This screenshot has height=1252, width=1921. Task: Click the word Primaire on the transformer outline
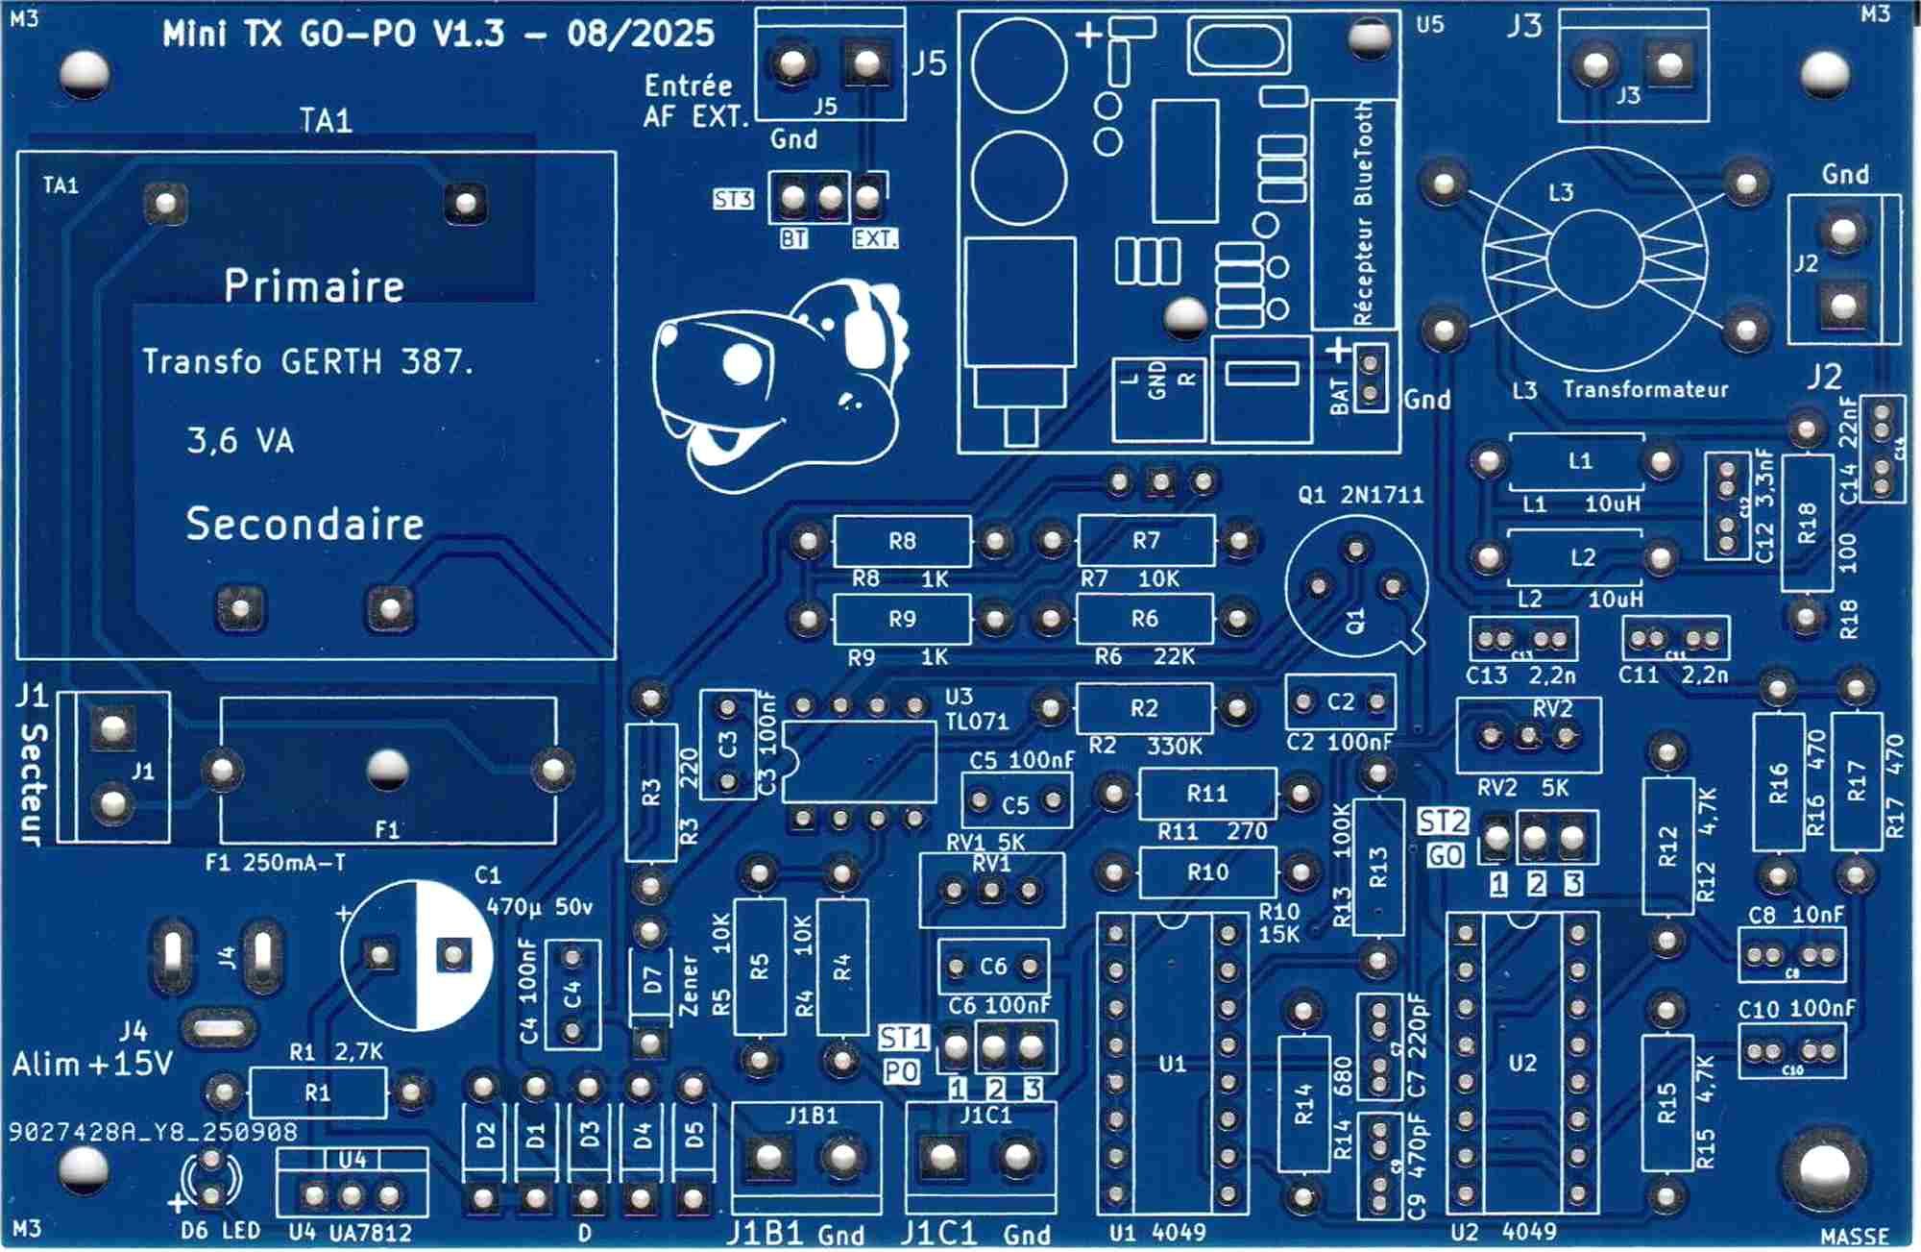click(x=314, y=285)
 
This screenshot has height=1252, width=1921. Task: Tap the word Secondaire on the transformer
click(x=304, y=524)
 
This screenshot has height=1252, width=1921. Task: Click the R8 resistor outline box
click(x=901, y=541)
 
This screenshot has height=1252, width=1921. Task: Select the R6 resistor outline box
click(x=1144, y=619)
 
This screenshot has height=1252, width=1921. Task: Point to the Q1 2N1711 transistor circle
click(x=1355, y=586)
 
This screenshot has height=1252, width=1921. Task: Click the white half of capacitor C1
click(x=454, y=955)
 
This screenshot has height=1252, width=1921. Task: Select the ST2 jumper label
click(x=1443, y=822)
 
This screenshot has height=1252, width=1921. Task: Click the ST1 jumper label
click(x=904, y=1038)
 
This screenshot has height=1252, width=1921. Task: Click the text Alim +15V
click(x=92, y=1065)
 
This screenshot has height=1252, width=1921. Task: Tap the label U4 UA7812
click(x=350, y=1233)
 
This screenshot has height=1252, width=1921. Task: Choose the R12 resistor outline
click(x=1667, y=846)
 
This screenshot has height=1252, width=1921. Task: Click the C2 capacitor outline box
click(x=1340, y=702)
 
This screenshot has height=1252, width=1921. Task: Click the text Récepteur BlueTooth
click(x=1363, y=213)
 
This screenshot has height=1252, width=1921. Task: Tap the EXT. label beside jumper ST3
click(x=874, y=238)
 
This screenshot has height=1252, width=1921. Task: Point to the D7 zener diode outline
click(x=652, y=982)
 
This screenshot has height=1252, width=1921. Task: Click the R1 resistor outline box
click(x=318, y=1092)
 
